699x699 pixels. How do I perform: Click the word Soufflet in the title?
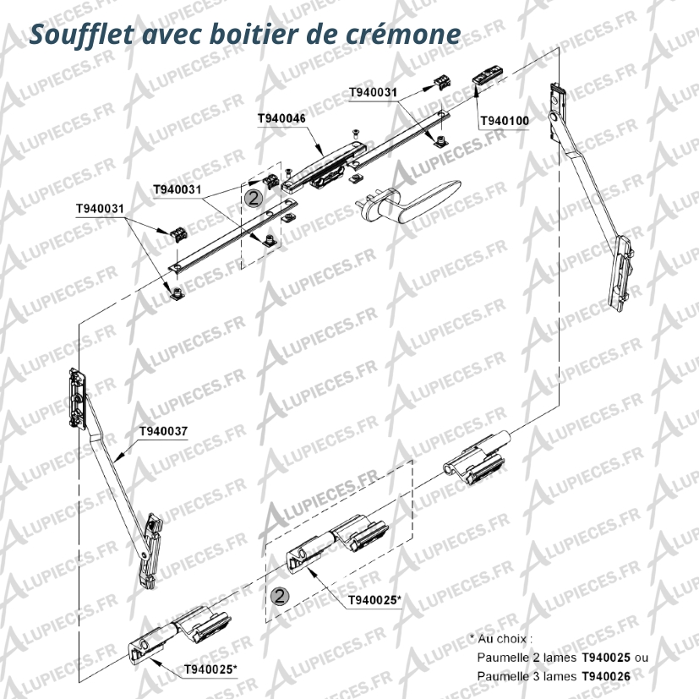point(81,35)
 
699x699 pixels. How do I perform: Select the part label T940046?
point(281,118)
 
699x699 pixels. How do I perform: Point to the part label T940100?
point(505,121)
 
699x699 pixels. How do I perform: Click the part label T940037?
point(164,431)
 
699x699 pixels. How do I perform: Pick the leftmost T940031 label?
point(100,209)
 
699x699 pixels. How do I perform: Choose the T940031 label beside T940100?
point(373,92)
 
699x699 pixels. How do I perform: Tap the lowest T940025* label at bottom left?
point(210,669)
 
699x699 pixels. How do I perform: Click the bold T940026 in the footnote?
point(606,676)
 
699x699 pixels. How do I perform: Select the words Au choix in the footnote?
point(502,639)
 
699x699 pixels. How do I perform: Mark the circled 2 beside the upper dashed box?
point(254,199)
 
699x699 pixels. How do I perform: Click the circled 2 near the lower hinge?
point(280,596)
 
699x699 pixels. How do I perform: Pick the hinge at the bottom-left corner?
point(179,634)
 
